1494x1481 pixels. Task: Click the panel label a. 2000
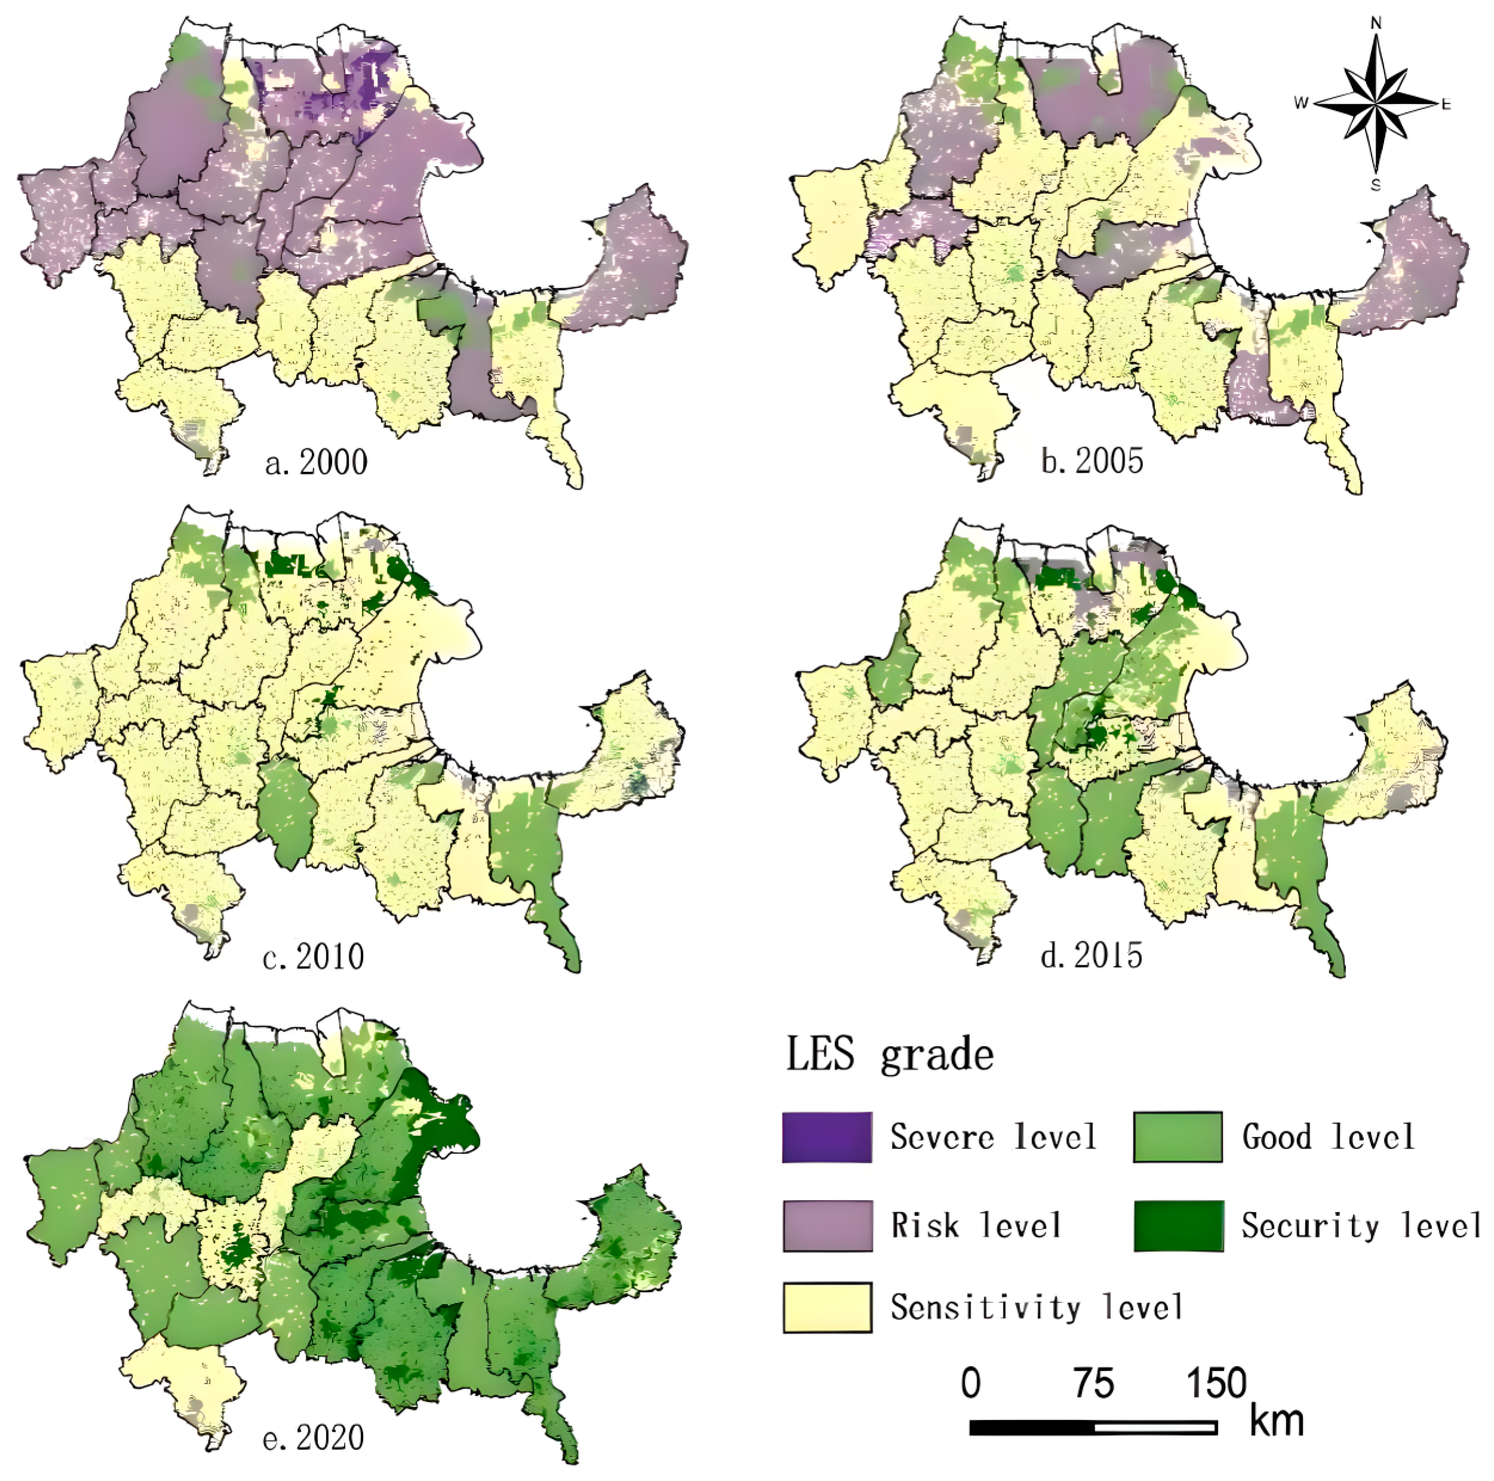(315, 462)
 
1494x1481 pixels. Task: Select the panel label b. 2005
(1091, 461)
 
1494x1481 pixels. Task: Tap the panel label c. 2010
(313, 956)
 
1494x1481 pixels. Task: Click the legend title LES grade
(889, 1055)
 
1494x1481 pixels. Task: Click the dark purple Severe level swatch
(827, 1137)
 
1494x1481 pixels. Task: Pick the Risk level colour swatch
(827, 1226)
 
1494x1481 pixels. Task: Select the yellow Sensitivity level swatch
(827, 1308)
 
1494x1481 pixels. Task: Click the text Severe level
(993, 1137)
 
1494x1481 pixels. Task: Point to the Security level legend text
(1360, 1226)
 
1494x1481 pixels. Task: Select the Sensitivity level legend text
(1036, 1308)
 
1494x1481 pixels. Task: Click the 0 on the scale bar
(971, 1384)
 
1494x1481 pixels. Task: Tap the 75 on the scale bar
(1093, 1384)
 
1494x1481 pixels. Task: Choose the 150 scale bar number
(1216, 1384)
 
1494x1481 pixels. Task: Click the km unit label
(1277, 1421)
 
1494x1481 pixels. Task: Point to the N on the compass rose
(1376, 23)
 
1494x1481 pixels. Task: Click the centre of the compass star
(1376, 103)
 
